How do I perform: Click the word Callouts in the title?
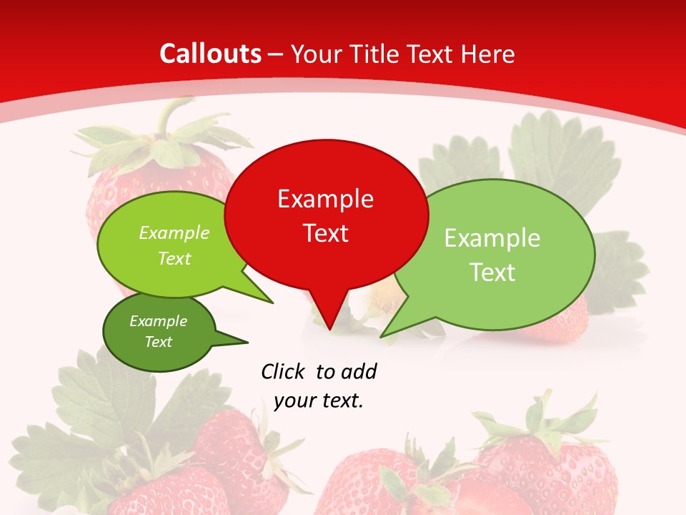(211, 54)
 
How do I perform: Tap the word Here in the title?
(488, 54)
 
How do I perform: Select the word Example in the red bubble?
(325, 199)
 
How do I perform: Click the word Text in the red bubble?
(325, 233)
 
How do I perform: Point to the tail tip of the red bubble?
(329, 329)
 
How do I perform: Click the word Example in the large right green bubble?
(492, 238)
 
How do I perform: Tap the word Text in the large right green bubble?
(492, 273)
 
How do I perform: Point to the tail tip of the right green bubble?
(382, 335)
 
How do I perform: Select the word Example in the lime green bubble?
(174, 232)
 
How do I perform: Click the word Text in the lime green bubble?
(174, 258)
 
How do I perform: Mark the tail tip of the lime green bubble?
(272, 303)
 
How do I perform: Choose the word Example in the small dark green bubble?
(158, 321)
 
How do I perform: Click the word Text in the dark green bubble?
(158, 342)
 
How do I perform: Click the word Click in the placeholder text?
(284, 371)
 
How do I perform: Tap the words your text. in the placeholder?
(319, 401)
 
